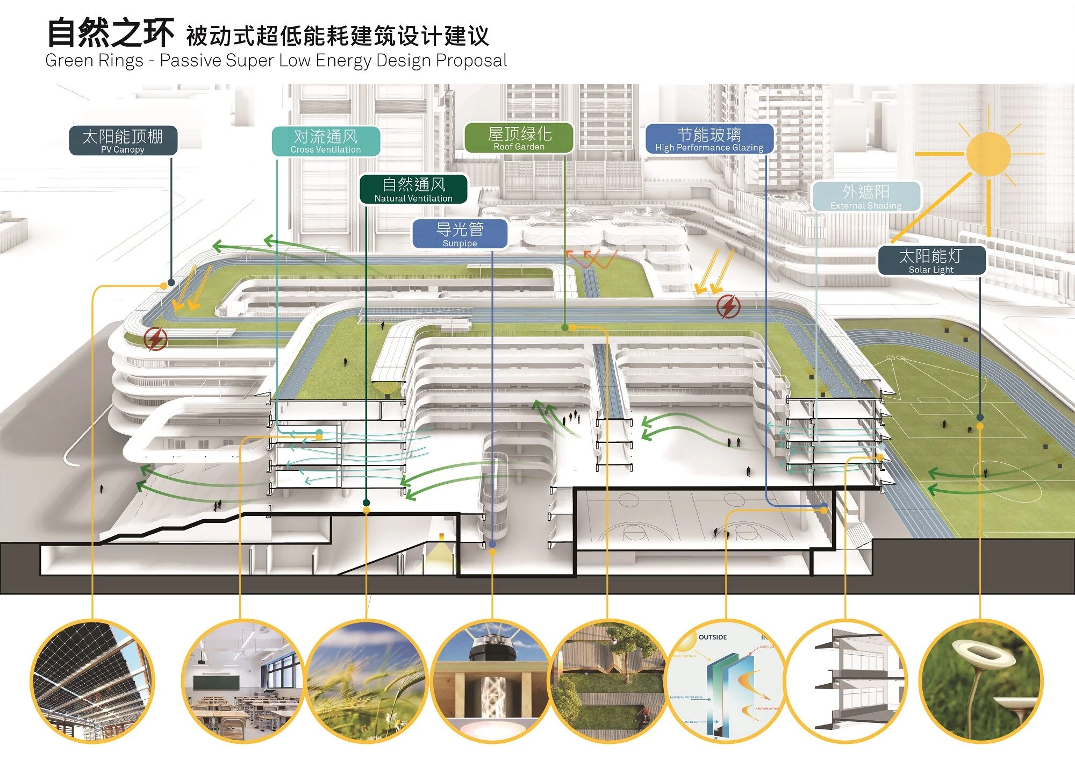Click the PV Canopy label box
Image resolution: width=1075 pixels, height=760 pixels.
(x=123, y=141)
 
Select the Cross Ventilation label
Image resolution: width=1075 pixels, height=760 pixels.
(x=326, y=141)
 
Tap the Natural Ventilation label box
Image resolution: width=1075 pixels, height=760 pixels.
(x=413, y=189)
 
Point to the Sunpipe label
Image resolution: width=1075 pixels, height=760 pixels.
(x=460, y=234)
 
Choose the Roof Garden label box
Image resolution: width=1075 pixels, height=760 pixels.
(x=519, y=138)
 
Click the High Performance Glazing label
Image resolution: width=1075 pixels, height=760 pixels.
(x=709, y=139)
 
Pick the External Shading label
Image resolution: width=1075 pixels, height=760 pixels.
(x=866, y=196)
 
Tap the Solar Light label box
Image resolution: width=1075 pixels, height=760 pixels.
(x=931, y=261)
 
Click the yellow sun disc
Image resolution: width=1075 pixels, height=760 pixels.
(x=988, y=154)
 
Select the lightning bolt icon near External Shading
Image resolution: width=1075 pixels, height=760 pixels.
(x=728, y=306)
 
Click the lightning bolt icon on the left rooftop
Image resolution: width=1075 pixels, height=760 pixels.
(x=156, y=339)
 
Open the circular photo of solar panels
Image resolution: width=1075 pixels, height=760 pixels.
(x=92, y=682)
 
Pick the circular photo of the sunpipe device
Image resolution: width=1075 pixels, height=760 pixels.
(x=492, y=682)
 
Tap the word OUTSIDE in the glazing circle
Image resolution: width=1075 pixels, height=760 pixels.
(x=712, y=637)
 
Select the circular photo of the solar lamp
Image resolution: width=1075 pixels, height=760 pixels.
(x=980, y=682)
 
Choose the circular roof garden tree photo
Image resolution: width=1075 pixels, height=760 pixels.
(x=607, y=682)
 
